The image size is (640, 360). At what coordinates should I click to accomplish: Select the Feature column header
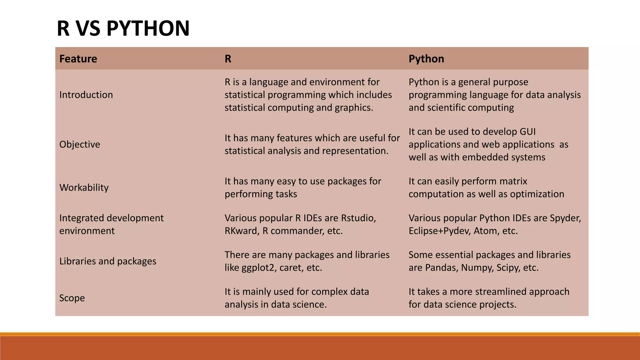pyautogui.click(x=78, y=59)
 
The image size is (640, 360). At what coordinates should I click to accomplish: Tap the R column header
pyautogui.click(x=228, y=59)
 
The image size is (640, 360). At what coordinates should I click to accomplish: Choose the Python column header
pyautogui.click(x=426, y=59)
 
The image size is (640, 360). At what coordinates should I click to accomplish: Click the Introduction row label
pyautogui.click(x=86, y=95)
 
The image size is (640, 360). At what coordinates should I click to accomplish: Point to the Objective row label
pyautogui.click(x=80, y=144)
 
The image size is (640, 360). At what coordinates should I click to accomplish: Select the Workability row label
pyautogui.click(x=84, y=187)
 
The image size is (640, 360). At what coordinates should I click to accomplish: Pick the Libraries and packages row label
pyautogui.click(x=107, y=261)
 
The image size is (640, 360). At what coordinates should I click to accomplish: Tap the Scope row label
pyautogui.click(x=72, y=298)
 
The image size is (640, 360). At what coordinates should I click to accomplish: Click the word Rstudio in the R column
pyautogui.click(x=358, y=218)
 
